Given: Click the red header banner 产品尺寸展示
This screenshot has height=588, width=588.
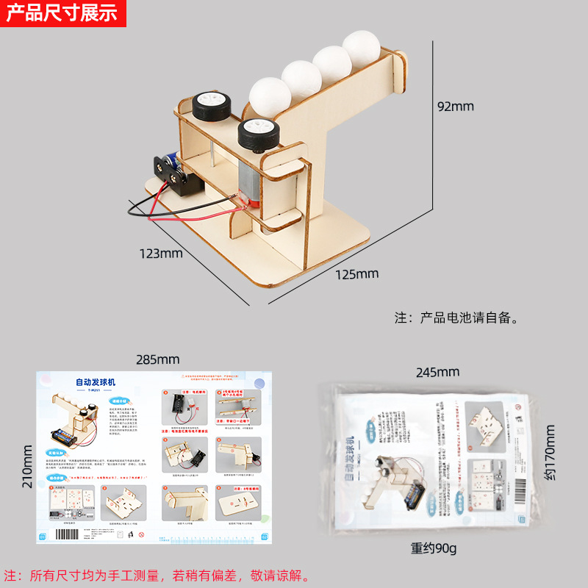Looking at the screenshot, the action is tap(62, 13).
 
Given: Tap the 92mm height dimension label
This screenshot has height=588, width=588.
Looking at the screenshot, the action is tap(456, 107).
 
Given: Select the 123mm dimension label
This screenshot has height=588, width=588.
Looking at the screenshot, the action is tap(160, 254).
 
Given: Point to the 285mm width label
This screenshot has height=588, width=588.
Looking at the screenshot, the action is tap(157, 359).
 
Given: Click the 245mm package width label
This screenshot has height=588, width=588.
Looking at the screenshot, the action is tap(437, 372).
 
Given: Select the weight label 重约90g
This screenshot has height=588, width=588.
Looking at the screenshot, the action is tap(434, 548).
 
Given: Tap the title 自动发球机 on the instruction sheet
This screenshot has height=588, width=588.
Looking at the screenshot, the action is tap(96, 382).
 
